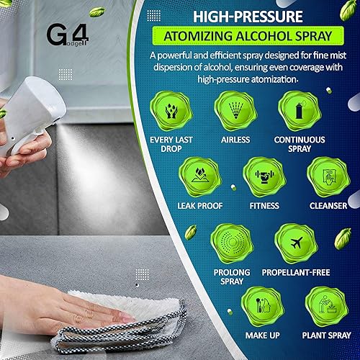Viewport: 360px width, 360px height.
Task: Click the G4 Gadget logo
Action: (x=68, y=35)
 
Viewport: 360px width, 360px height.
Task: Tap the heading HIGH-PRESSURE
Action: (x=248, y=17)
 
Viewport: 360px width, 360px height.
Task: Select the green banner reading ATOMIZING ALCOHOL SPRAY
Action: (x=248, y=36)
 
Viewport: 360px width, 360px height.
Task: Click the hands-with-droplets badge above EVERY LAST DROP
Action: (x=171, y=111)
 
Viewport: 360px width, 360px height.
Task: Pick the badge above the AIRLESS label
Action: (x=235, y=111)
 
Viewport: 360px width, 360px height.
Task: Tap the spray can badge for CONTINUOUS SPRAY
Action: (x=300, y=111)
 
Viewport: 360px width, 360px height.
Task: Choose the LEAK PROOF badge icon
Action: (x=200, y=177)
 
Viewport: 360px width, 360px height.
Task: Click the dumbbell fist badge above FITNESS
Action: (x=264, y=177)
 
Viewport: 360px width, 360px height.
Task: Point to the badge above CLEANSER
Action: (x=328, y=177)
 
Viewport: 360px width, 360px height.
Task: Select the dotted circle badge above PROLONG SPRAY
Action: (x=232, y=243)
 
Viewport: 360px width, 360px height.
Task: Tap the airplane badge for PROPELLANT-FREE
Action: (x=296, y=243)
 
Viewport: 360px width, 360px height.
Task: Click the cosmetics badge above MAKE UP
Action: (x=263, y=307)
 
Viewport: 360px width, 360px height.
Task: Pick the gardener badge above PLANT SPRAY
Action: (x=327, y=307)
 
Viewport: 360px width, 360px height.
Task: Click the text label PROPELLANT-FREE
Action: (x=296, y=272)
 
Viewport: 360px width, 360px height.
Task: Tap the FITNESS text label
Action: (x=264, y=206)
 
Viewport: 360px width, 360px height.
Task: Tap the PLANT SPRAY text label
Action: (x=326, y=336)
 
